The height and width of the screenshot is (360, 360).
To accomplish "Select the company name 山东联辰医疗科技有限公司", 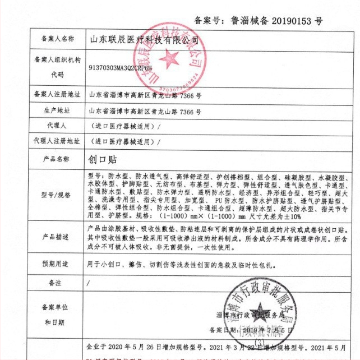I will [x=145, y=40].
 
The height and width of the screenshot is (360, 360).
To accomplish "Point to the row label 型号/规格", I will [x=58, y=195].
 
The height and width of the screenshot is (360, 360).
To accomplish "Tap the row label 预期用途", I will [x=58, y=264].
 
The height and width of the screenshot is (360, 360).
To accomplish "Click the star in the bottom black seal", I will [x=260, y=311].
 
